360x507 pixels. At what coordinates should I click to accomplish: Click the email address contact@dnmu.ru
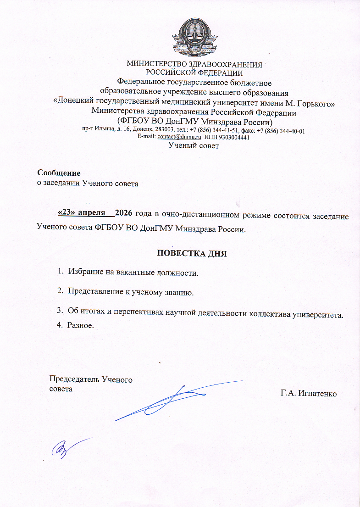[180, 137]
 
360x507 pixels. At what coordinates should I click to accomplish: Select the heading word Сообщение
[59, 173]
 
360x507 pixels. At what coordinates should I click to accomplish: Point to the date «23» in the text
[66, 213]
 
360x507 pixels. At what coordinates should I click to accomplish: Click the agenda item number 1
[60, 273]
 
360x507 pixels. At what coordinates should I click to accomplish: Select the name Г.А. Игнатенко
[309, 393]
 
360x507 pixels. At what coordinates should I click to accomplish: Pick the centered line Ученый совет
[194, 146]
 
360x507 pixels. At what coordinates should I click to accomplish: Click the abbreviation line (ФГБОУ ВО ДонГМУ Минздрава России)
[195, 123]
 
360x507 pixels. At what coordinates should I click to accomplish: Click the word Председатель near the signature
[74, 379]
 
